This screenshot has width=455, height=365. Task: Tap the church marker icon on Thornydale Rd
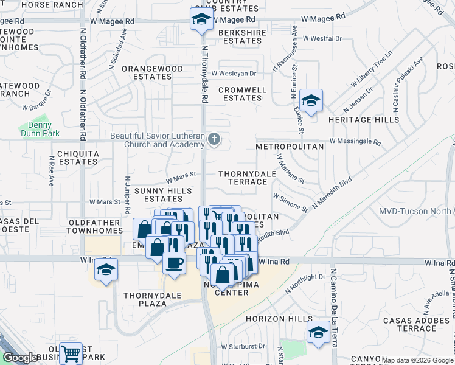pos(214,140)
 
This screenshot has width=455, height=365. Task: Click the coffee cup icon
pos(174,263)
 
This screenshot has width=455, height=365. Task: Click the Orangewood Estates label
pos(152,73)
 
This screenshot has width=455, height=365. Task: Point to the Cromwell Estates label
pos(242,94)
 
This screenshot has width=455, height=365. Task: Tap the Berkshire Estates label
pos(242,36)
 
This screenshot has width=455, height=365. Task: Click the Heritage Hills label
pos(364,120)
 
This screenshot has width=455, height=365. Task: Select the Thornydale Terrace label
pos(243,178)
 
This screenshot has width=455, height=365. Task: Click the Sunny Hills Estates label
pos(158,195)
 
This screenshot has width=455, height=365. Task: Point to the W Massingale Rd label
pos(355,142)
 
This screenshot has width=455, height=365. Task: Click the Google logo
pos(20,358)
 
